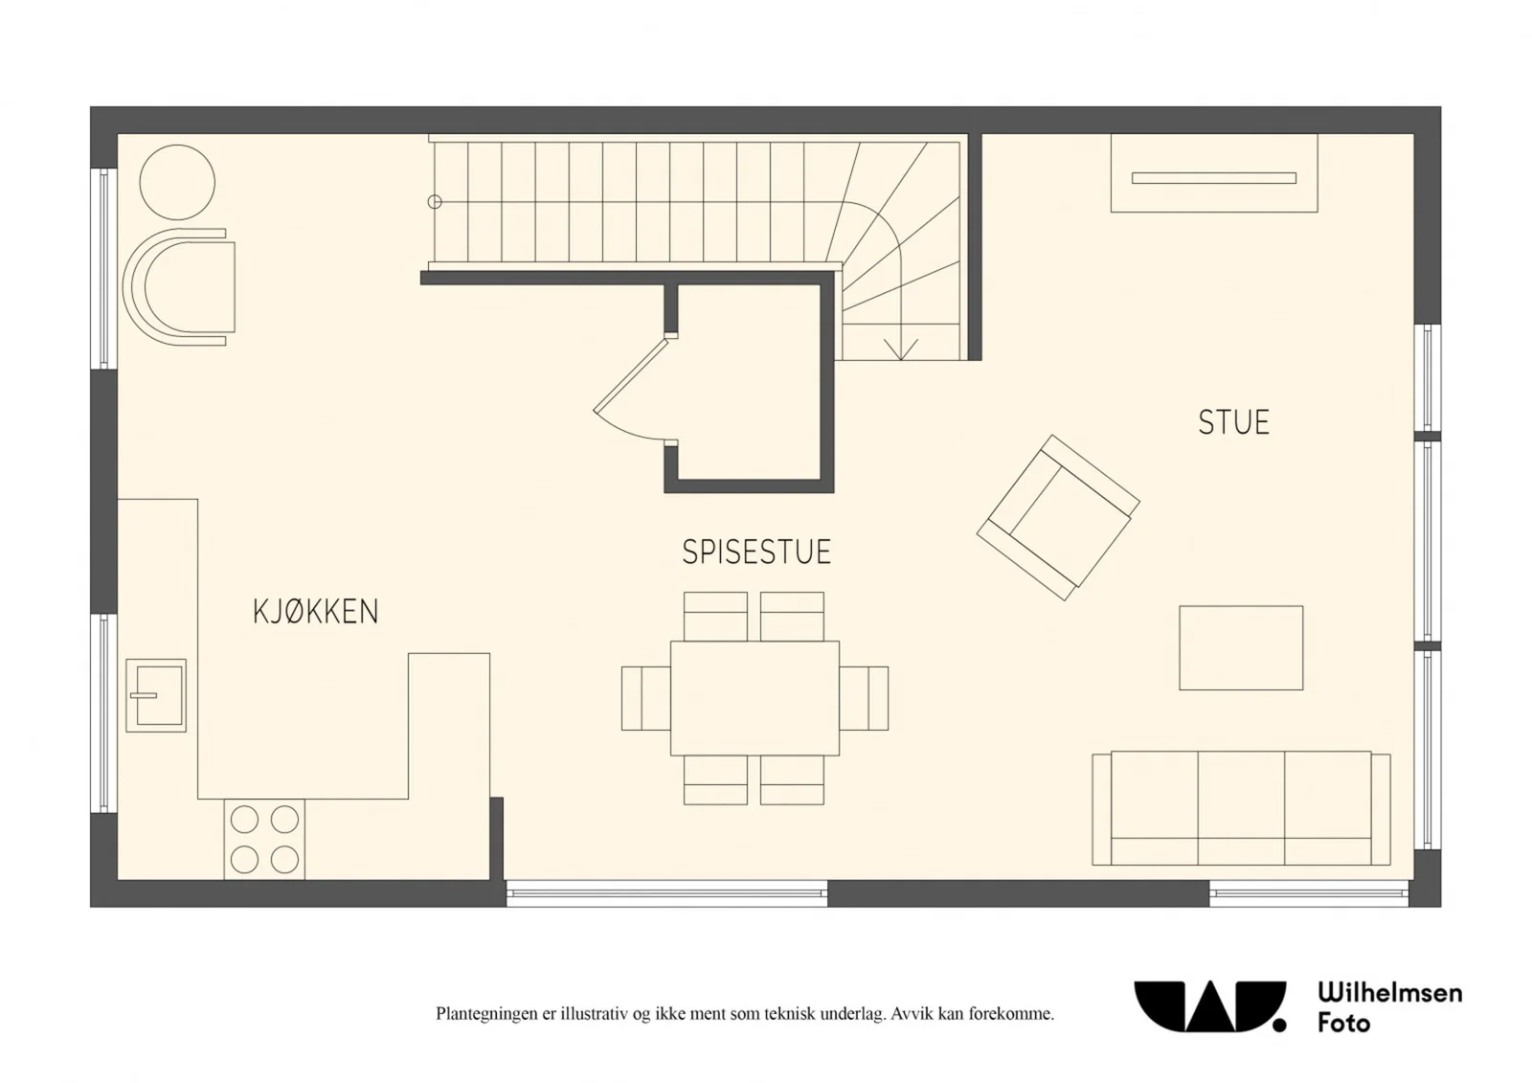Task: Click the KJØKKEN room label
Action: pos(315,612)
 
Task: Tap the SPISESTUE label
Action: pos(756,553)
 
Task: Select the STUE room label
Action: pos(1234,422)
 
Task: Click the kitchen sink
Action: pos(156,695)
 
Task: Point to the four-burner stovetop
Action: pos(264,839)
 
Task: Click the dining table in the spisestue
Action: pos(755,698)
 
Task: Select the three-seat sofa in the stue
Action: pos(1241,808)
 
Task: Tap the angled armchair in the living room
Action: pos(1058,518)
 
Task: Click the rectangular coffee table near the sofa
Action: pos(1241,647)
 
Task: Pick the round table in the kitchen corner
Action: pos(177,182)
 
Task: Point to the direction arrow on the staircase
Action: pos(901,349)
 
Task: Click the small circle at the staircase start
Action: pos(435,202)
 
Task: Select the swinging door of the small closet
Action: pos(630,375)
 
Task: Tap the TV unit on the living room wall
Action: pos(1214,173)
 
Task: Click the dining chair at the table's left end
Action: pos(645,698)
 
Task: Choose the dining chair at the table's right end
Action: pos(865,698)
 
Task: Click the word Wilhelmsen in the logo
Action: pos(1390,993)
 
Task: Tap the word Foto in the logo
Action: pos(1344,1024)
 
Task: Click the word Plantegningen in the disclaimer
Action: pos(486,1014)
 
